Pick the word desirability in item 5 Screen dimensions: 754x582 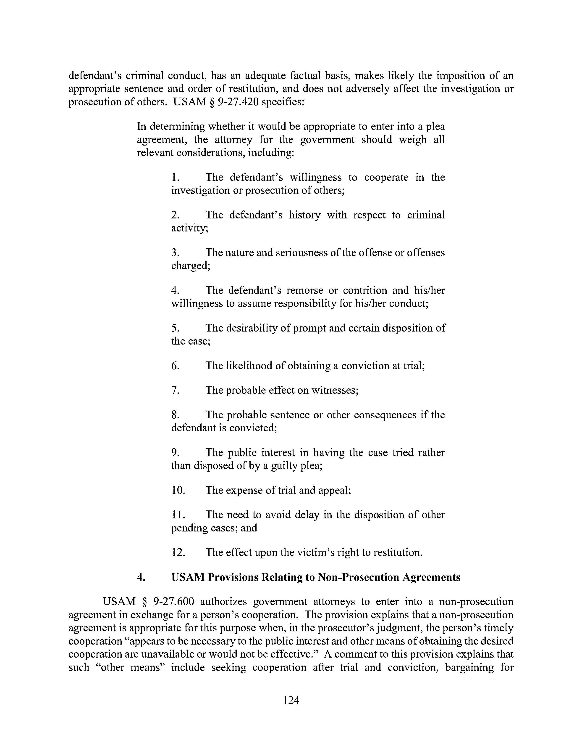tap(252, 328)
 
